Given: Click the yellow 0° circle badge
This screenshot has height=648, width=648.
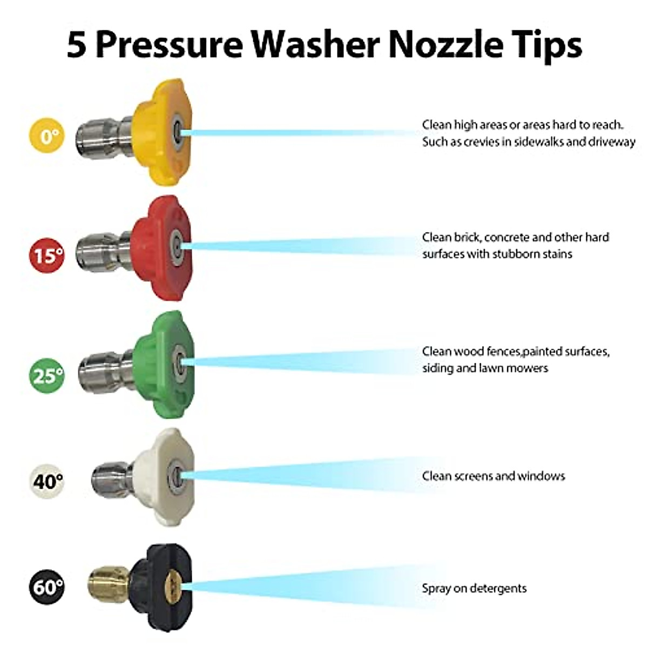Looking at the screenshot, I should [x=47, y=136].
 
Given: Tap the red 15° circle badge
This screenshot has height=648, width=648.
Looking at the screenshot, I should [x=47, y=255].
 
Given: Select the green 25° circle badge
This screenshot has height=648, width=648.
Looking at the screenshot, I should [x=47, y=375].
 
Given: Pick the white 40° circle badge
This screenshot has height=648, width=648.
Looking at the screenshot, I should [x=47, y=480].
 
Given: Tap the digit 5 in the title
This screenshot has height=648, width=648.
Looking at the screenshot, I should [x=77, y=45].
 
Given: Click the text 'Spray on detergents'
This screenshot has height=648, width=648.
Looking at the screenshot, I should [x=474, y=588].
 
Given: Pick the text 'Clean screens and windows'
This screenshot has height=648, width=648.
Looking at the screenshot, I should [x=494, y=476].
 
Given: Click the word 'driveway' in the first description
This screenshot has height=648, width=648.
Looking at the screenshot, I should [x=610, y=142].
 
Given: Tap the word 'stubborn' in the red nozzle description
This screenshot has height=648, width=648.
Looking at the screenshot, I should [x=510, y=254].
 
